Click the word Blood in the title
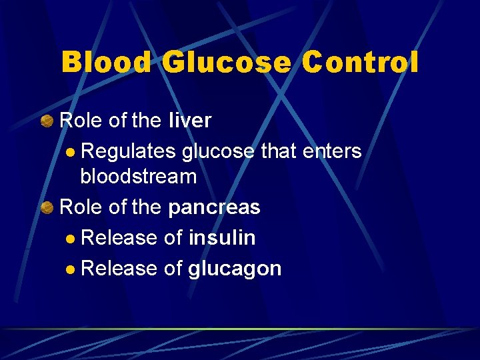(107, 63)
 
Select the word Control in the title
(361, 63)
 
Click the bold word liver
(190, 121)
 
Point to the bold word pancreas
(214, 207)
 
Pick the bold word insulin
(222, 237)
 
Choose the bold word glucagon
(235, 269)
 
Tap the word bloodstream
(139, 177)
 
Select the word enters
(331, 151)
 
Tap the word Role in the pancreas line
(81, 207)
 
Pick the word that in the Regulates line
(278, 151)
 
